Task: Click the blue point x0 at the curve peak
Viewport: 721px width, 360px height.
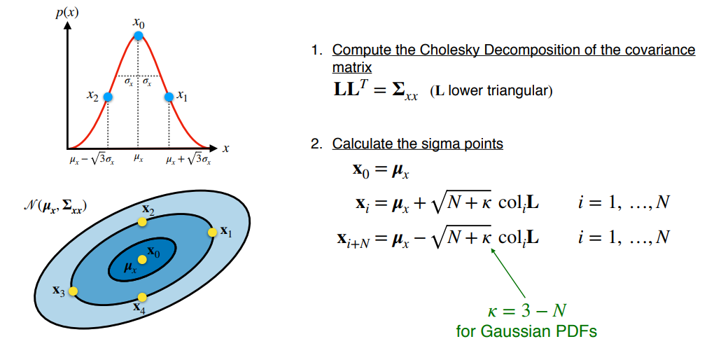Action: (x=139, y=35)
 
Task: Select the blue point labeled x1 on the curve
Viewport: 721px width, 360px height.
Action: (x=169, y=97)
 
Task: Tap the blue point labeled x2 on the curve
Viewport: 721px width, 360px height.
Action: (x=108, y=97)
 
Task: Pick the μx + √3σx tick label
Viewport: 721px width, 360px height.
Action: (x=188, y=160)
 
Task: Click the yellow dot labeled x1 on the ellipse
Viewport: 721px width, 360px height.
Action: (x=212, y=232)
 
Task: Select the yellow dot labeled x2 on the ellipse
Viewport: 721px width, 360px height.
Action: (x=142, y=221)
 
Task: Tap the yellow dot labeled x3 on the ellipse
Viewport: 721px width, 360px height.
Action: (x=73, y=291)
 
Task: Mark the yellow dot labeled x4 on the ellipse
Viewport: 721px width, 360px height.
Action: (x=142, y=297)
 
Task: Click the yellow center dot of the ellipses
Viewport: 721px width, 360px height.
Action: (x=142, y=259)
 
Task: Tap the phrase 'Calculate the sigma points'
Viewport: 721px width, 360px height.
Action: (x=417, y=144)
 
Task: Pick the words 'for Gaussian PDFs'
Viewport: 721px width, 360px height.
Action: (x=526, y=331)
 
